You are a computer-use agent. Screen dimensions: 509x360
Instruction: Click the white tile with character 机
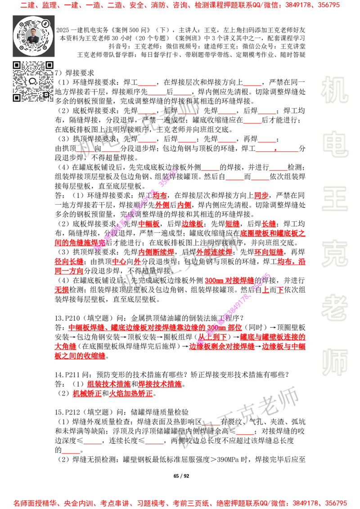[x=334, y=90]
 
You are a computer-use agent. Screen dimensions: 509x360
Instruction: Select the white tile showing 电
[x=336, y=144]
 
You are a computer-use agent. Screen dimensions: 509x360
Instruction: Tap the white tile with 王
[x=334, y=200]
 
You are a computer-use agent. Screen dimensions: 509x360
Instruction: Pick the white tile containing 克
[x=334, y=254]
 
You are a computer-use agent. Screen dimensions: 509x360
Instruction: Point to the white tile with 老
[x=334, y=308]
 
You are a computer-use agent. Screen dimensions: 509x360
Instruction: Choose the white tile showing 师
[x=334, y=363]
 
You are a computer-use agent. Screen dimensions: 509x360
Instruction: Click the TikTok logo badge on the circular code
[x=45, y=23]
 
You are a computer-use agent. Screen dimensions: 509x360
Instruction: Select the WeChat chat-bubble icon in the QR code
[x=33, y=81]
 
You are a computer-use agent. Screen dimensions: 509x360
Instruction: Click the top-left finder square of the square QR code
[x=17, y=65]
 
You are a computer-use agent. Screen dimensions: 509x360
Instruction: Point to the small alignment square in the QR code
[x=45, y=94]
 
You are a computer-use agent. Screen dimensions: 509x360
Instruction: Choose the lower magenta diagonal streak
[x=234, y=308]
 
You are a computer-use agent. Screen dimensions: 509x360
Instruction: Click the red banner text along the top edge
[x=180, y=6]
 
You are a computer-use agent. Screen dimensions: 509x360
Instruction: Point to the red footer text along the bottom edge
[x=180, y=503]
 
